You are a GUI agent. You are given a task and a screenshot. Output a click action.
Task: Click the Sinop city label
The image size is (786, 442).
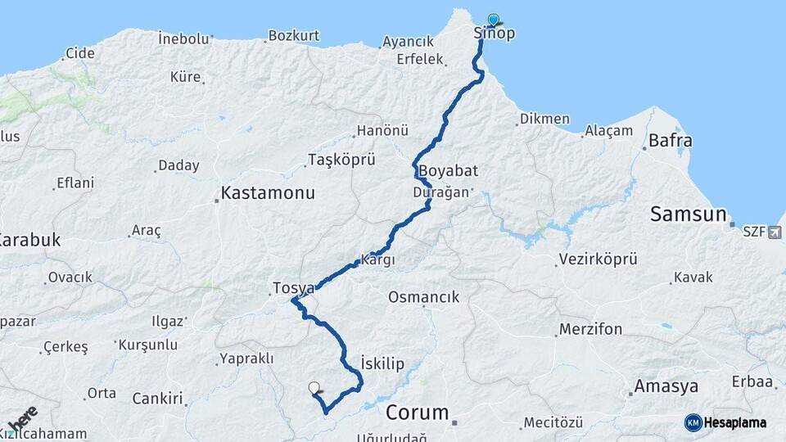pyautogui.click(x=495, y=34)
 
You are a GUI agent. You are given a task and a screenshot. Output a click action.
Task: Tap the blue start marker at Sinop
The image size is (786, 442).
pyautogui.click(x=493, y=20)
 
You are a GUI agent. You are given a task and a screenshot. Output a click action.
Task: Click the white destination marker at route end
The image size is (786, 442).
pyautogui.click(x=314, y=388)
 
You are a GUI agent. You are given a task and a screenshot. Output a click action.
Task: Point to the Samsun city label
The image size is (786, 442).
pyautogui.click(x=689, y=214)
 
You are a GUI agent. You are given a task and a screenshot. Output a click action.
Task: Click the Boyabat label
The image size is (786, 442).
pyautogui.click(x=448, y=172)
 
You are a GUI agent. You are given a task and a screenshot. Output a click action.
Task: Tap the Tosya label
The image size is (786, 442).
pyautogui.click(x=293, y=288)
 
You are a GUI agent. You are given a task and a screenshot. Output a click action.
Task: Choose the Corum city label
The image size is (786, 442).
pyautogui.click(x=418, y=412)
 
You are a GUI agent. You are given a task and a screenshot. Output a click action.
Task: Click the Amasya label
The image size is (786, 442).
pyautogui.click(x=666, y=386)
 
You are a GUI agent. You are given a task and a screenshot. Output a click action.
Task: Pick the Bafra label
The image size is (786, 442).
pyautogui.click(x=670, y=141)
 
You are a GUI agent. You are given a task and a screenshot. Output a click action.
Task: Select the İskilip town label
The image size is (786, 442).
pyautogui.click(x=382, y=363)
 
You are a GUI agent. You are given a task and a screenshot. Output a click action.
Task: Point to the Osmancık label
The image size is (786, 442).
pyautogui.click(x=424, y=297)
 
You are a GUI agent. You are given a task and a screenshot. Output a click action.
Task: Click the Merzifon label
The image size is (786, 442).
pyautogui.click(x=590, y=329)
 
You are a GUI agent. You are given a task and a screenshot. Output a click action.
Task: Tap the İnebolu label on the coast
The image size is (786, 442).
pyautogui.click(x=183, y=38)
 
